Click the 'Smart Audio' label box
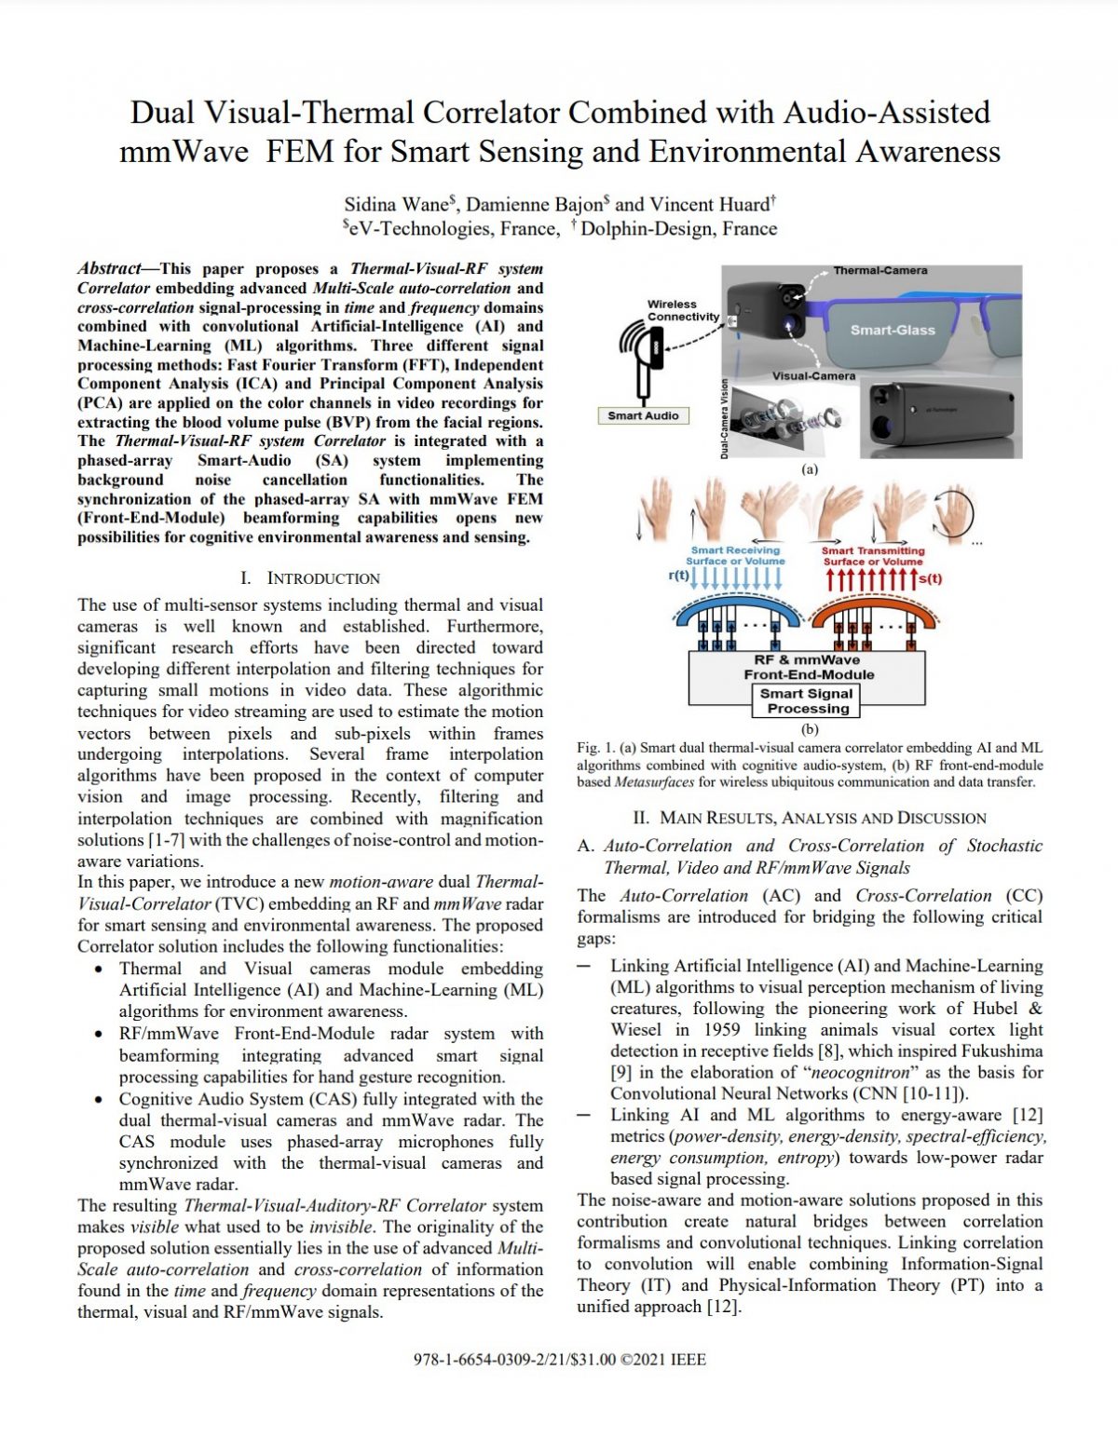(643, 415)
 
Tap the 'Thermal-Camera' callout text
(879, 270)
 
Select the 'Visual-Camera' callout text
(812, 376)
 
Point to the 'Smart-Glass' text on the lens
(892, 330)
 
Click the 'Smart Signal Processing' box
(807, 701)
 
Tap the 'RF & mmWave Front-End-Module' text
(808, 667)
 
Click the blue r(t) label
(678, 576)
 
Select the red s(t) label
(930, 578)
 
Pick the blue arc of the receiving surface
(735, 608)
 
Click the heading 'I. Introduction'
(310, 578)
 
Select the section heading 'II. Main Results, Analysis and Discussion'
(809, 818)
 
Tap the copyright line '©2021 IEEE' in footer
(663, 1360)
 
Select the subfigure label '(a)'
(810, 469)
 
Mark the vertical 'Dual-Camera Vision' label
(724, 417)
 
